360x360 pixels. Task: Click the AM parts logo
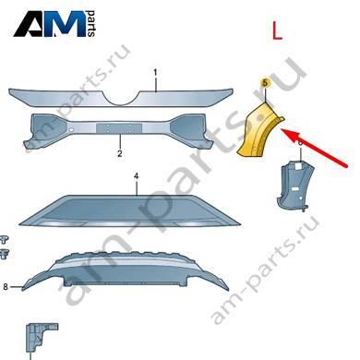[x=54, y=24]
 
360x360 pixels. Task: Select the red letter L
[x=277, y=31]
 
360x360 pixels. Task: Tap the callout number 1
[x=155, y=73]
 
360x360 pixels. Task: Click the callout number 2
[x=120, y=153]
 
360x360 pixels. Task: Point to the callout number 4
[x=136, y=176]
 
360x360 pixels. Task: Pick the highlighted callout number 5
[x=265, y=82]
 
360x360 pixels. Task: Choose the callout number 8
[x=6, y=287]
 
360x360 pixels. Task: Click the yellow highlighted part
[x=259, y=131]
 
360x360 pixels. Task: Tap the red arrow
[x=315, y=149]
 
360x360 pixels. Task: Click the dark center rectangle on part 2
[x=119, y=128]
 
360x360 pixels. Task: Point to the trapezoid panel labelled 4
[x=130, y=211]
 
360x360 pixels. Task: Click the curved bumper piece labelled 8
[x=126, y=271]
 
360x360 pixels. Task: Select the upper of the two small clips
[x=5, y=240]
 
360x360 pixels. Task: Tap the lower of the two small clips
[x=5, y=255]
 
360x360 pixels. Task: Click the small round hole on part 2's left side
[x=71, y=130]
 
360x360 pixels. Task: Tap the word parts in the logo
[x=91, y=24]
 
